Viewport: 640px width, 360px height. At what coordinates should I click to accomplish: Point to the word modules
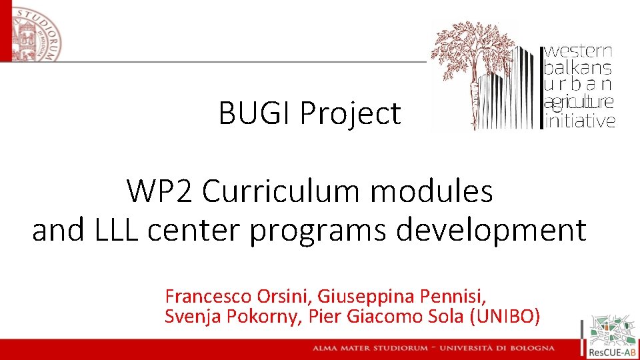coord(432,193)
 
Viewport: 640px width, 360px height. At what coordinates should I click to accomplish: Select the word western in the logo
coord(579,51)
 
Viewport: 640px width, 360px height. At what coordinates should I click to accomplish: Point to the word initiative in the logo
coord(580,121)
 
